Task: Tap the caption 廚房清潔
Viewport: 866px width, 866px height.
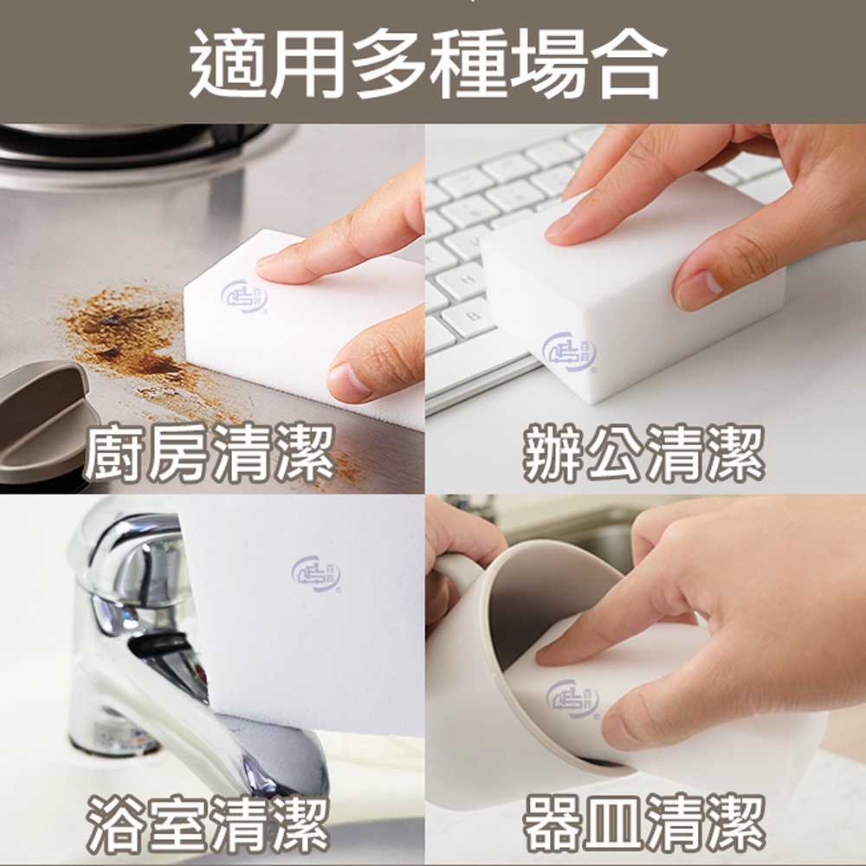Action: coord(209,455)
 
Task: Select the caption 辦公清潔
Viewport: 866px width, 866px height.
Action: coord(644,455)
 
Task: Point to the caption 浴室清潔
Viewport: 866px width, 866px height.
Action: coord(209,823)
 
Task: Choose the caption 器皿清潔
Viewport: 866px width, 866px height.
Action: coord(644,823)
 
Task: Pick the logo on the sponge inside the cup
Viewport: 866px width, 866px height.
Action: coord(572,699)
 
